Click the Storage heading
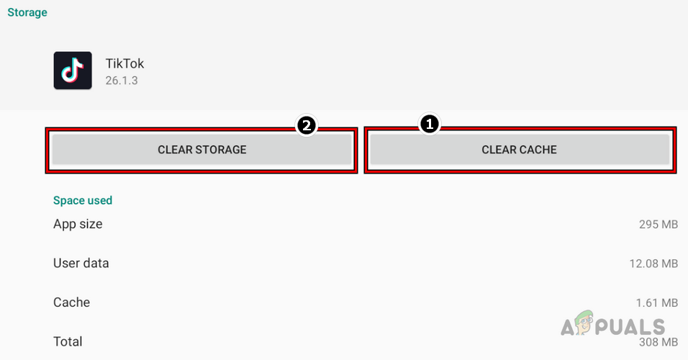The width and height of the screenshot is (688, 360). (27, 12)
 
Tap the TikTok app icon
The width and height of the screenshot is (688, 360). (73, 71)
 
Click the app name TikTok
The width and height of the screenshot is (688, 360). (125, 63)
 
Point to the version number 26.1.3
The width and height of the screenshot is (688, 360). (122, 80)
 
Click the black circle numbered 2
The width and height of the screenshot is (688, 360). (307, 125)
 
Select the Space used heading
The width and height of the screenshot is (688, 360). (83, 200)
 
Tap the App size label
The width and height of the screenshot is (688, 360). (78, 224)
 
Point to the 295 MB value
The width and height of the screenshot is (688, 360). (658, 225)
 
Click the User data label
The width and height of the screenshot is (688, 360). (81, 263)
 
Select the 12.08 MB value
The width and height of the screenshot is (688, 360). (653, 264)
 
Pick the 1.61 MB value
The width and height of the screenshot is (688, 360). (656, 302)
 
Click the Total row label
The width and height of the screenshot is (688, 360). (68, 341)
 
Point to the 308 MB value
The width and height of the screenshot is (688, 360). (658, 342)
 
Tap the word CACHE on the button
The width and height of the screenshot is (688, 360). (538, 150)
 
